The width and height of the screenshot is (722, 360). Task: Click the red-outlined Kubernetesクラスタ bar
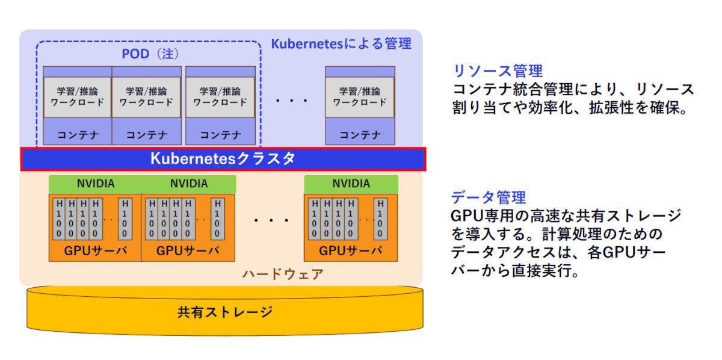point(223,159)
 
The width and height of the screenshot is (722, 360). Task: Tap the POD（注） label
point(150,54)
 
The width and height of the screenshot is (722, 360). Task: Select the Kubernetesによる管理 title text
point(341,43)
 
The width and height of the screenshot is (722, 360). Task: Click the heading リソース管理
point(498,71)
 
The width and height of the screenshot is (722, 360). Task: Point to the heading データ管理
point(489,197)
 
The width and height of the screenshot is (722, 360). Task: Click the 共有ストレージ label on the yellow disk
point(224,312)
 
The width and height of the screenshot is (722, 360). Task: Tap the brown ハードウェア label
point(283,274)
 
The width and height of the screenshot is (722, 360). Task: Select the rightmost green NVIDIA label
point(351,184)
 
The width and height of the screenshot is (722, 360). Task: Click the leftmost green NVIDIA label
point(96,184)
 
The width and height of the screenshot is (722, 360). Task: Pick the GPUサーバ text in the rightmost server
point(351,250)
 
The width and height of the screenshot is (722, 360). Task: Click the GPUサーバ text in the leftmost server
point(96,250)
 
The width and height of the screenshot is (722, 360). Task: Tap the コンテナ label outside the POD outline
point(360,135)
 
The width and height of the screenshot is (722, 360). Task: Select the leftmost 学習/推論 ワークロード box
point(78,97)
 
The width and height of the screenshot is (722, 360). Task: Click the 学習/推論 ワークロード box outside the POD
point(360,97)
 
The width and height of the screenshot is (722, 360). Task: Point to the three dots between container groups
point(291,101)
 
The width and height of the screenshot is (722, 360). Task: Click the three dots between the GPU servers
point(271,221)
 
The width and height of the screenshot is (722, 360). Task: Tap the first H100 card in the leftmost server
point(59,219)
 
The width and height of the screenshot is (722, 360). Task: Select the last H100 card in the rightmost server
point(380,219)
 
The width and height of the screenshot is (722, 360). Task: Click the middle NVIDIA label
point(189,184)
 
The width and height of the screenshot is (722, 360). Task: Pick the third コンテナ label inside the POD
point(220,135)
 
